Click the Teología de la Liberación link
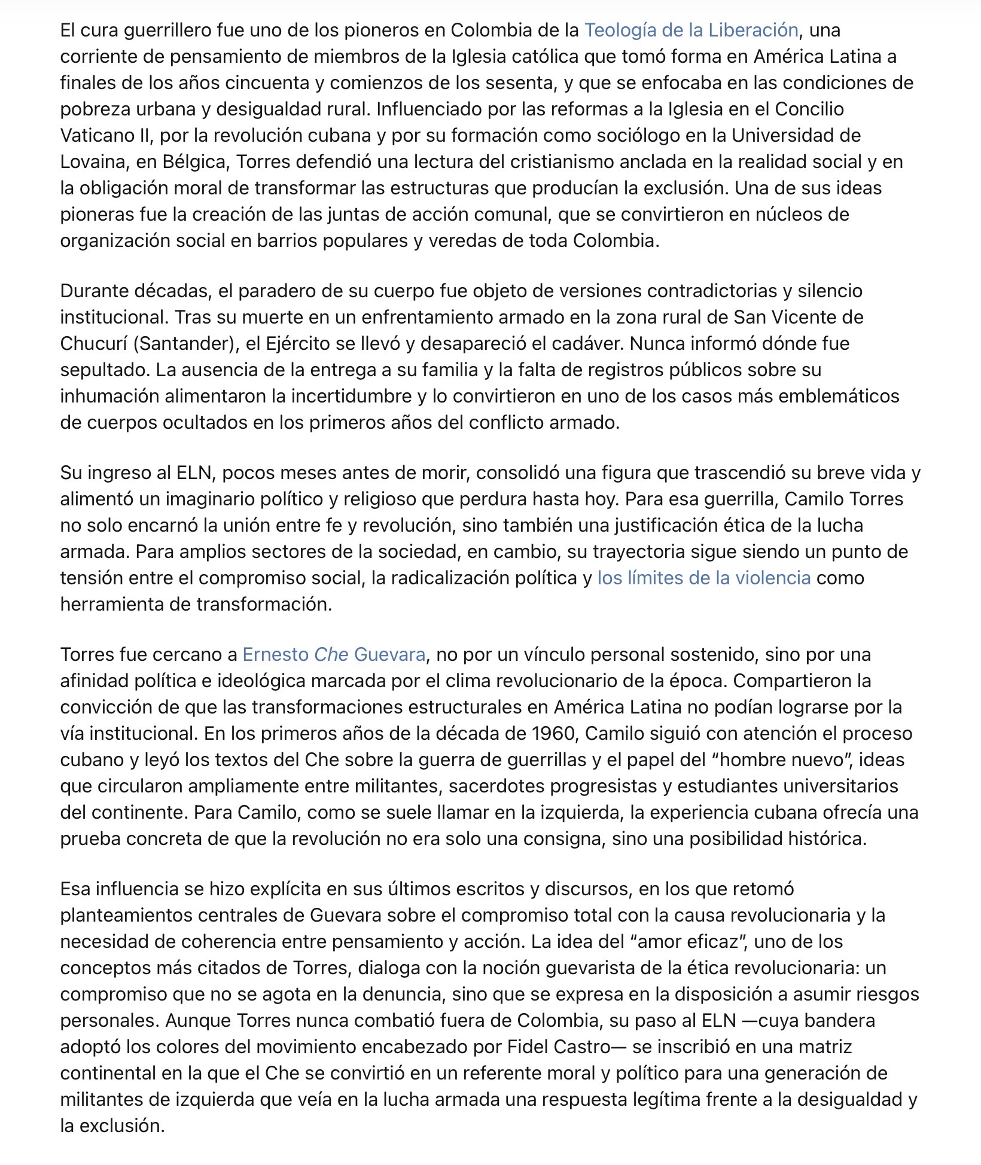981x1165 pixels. [691, 30]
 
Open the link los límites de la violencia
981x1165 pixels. [703, 578]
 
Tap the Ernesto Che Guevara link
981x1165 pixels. [334, 654]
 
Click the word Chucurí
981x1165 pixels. [93, 343]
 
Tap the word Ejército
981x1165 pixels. [300, 343]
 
